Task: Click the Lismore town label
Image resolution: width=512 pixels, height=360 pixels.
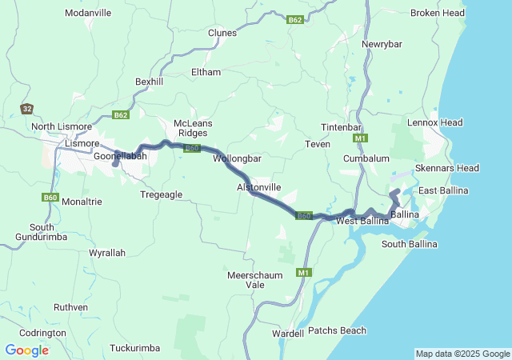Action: point(82,143)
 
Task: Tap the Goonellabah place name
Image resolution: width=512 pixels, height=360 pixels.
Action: point(120,157)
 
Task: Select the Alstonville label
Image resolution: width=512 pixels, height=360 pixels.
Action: point(258,186)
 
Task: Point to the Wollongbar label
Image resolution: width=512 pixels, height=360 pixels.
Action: point(238,158)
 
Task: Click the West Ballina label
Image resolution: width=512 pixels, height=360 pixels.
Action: point(362,220)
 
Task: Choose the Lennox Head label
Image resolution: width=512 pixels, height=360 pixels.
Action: point(434,122)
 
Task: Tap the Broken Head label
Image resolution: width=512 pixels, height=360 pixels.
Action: point(437,13)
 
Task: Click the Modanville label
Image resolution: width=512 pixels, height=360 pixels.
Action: point(88,14)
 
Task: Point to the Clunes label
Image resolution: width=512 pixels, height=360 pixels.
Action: point(222,33)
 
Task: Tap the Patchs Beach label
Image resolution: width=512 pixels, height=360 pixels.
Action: point(337,330)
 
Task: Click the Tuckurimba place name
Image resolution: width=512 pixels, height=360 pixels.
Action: point(134,348)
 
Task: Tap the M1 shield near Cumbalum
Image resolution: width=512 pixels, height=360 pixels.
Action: point(360,138)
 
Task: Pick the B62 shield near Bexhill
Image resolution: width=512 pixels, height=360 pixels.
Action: point(120,115)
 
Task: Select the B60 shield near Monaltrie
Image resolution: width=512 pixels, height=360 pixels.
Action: point(50,197)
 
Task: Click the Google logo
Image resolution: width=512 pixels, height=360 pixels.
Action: point(26,350)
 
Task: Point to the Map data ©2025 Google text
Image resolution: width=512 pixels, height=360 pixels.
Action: point(462,354)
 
